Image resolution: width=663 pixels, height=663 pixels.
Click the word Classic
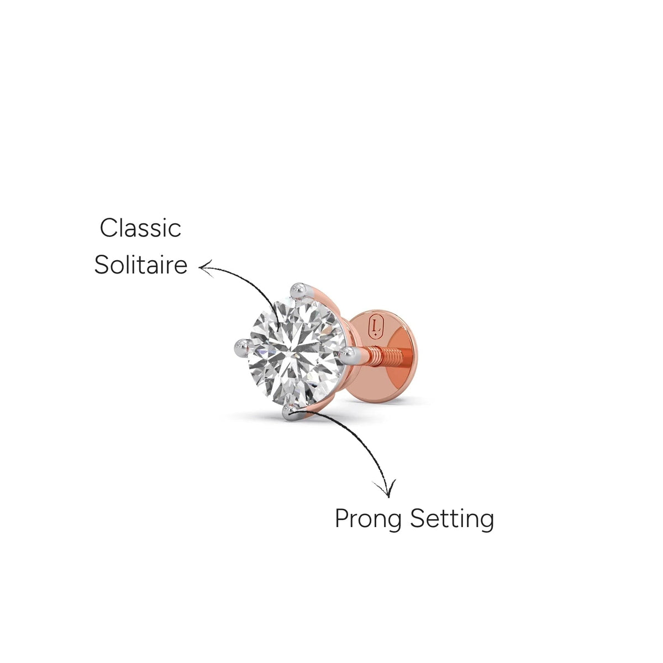pos(140,228)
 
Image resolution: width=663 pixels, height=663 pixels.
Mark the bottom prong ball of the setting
pos(291,412)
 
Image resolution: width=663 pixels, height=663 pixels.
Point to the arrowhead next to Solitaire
pos(206,269)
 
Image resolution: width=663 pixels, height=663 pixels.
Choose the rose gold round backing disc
pos(382,356)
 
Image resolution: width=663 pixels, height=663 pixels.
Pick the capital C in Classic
pos(108,228)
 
